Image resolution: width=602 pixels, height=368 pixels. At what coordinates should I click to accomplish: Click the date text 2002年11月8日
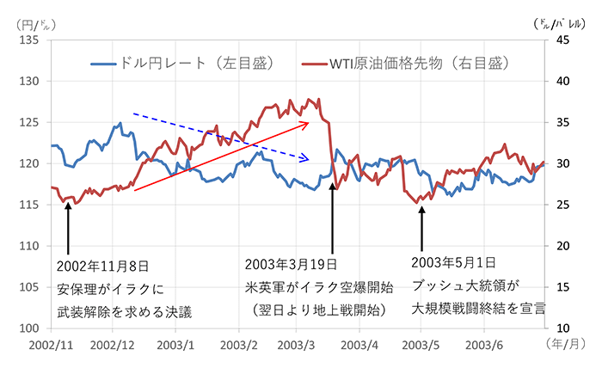[108, 265]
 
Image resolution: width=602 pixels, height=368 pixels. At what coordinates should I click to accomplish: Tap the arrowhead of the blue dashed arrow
[306, 159]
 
